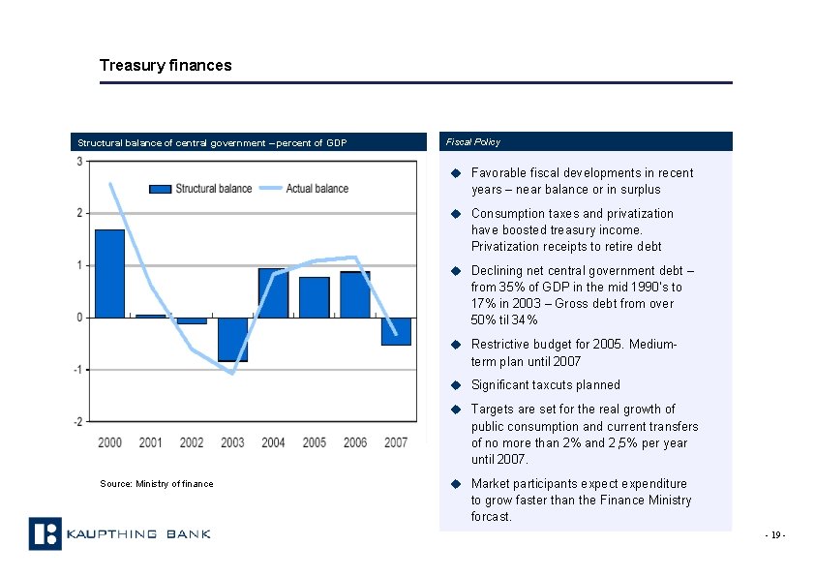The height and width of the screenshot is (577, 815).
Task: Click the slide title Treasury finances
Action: pyautogui.click(x=166, y=66)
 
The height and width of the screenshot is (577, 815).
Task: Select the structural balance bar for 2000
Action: pyautogui.click(x=109, y=273)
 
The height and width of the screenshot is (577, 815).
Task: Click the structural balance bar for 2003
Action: pyautogui.click(x=232, y=339)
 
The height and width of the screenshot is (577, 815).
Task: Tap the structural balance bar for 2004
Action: pyautogui.click(x=273, y=293)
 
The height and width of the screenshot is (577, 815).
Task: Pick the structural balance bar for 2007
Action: pyautogui.click(x=396, y=331)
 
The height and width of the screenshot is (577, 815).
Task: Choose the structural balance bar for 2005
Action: pyautogui.click(x=314, y=297)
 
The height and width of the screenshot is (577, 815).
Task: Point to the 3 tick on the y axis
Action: pyautogui.click(x=79, y=161)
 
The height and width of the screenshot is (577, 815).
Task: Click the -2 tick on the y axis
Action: pyautogui.click(x=77, y=421)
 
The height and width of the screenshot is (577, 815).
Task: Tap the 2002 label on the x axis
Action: pyautogui.click(x=192, y=442)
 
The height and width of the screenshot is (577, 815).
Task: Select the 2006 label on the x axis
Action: pyautogui.click(x=355, y=442)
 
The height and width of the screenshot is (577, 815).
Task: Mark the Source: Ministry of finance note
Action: pyautogui.click(x=156, y=484)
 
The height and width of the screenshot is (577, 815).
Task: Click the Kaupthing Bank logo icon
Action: pyautogui.click(x=45, y=533)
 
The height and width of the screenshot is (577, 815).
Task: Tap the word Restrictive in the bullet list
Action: pyautogui.click(x=498, y=345)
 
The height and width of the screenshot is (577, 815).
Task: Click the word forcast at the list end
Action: pyautogui.click(x=490, y=517)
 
